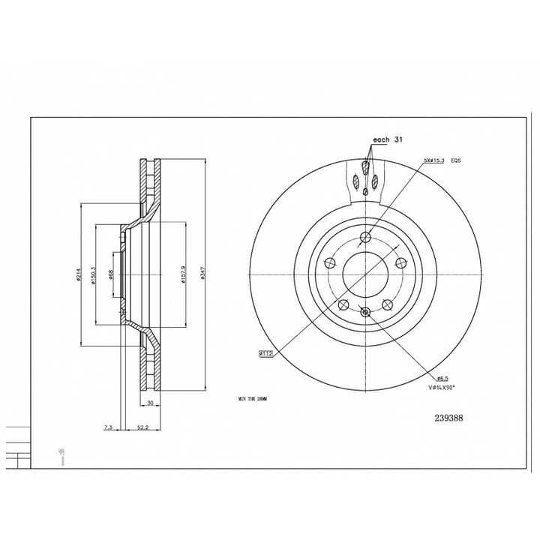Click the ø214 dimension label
(x=78, y=277)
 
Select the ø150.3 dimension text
(x=94, y=277)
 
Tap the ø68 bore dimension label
(x=110, y=276)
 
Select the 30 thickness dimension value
(x=151, y=403)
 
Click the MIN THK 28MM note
(x=251, y=400)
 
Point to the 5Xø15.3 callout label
(x=435, y=160)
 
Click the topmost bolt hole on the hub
(x=364, y=239)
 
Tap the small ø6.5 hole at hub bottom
(x=364, y=313)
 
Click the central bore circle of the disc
(x=364, y=276)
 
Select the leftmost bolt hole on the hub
(x=329, y=264)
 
